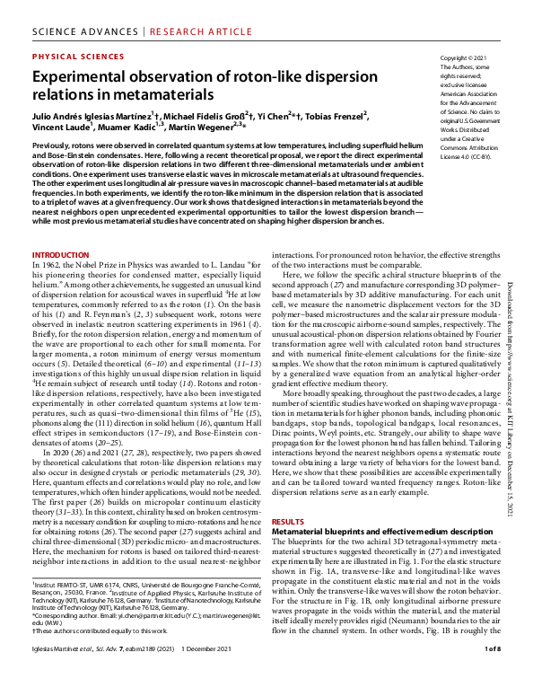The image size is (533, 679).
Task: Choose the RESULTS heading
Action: pyautogui.click(x=288, y=521)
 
